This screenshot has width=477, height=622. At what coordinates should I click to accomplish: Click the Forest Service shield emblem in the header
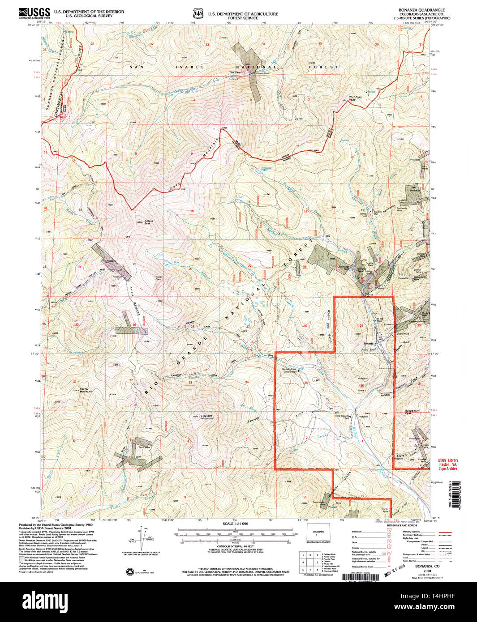tap(198, 13)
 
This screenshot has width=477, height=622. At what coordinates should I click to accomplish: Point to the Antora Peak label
tap(148, 222)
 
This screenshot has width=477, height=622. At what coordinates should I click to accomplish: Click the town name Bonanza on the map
tap(368, 343)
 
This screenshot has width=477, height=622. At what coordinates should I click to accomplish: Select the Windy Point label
tap(159, 278)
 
